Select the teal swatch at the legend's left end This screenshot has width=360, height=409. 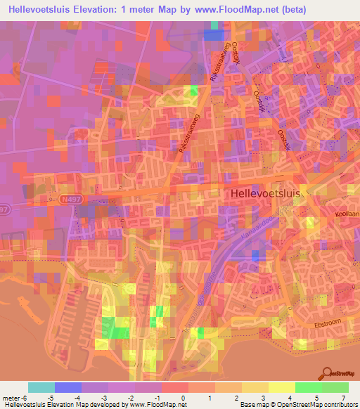click(41, 387)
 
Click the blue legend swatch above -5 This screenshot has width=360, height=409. click(67, 387)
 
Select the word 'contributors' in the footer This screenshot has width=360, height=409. click(335, 405)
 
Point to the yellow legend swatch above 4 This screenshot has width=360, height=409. click(281, 387)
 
